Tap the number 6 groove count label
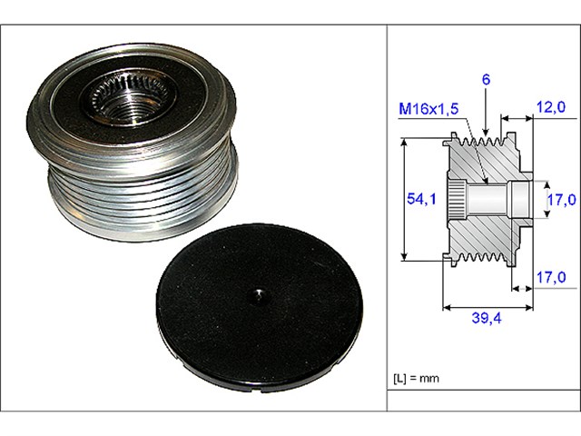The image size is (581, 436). click(x=487, y=81)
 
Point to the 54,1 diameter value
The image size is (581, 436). click(x=419, y=197)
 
